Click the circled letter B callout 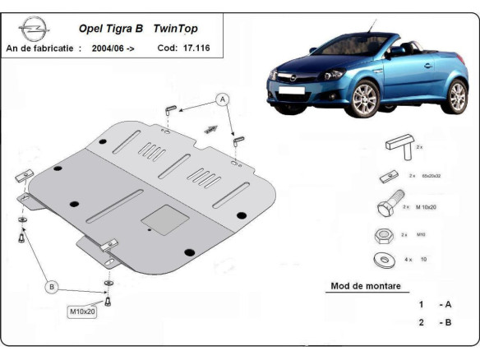(x=52, y=287)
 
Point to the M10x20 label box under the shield (x=83, y=312)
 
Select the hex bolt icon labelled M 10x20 (x=391, y=206)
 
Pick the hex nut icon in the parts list (x=383, y=236)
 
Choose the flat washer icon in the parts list (x=384, y=260)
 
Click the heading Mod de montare (x=366, y=287)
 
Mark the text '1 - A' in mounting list (x=435, y=304)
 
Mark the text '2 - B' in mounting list (x=435, y=322)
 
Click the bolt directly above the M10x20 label (x=108, y=298)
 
